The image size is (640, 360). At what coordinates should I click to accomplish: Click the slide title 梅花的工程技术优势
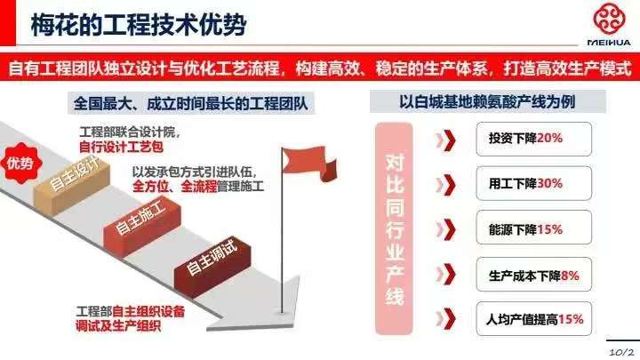(x=139, y=25)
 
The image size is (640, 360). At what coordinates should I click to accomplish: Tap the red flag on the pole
(x=309, y=164)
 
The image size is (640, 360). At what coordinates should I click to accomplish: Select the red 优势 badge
(x=20, y=163)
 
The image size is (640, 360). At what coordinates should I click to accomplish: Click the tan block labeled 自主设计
(x=72, y=185)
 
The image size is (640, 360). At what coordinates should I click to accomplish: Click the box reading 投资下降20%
(x=533, y=139)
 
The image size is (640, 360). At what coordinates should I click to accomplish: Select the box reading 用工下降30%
(x=533, y=183)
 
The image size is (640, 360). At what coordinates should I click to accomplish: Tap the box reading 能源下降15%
(x=533, y=228)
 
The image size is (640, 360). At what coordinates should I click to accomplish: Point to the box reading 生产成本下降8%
(x=533, y=275)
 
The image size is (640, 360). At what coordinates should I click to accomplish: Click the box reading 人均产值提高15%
(x=533, y=319)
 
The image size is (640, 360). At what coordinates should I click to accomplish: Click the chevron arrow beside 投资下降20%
(x=445, y=140)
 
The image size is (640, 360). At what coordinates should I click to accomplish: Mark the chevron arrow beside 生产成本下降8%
(x=445, y=274)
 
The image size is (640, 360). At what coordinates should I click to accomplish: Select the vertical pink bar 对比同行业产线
(x=394, y=228)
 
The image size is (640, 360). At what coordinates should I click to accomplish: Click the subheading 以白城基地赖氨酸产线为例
(x=487, y=101)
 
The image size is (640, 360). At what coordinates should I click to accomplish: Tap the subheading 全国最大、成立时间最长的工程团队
(x=190, y=104)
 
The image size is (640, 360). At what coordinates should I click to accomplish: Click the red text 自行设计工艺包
(x=121, y=147)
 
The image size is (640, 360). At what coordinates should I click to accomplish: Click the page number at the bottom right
(x=622, y=352)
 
